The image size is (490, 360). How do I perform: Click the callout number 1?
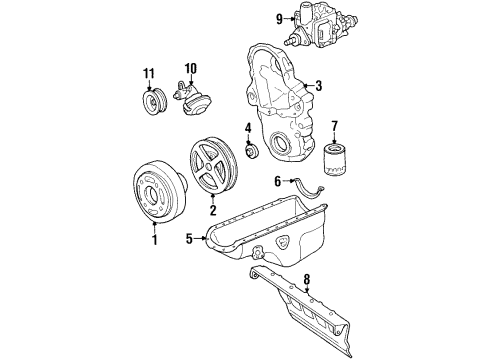155,241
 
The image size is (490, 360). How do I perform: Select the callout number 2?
212,211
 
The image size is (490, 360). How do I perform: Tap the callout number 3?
319,86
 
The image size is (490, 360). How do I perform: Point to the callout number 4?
247,127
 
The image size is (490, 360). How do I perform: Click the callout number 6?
278,181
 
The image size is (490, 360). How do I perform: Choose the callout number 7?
335,126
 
